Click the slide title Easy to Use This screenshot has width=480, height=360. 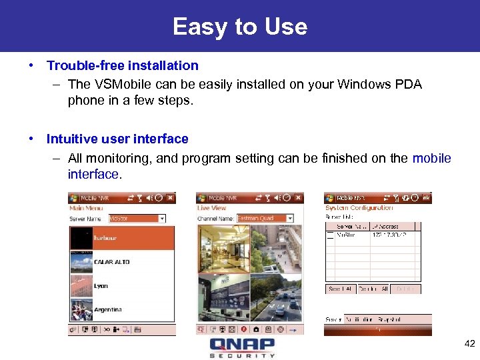240,27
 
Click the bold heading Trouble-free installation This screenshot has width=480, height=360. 122,65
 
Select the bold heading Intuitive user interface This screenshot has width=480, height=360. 117,139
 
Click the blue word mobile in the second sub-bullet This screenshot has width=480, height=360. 431,158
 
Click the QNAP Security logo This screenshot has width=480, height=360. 241,347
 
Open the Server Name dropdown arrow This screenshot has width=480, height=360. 162,219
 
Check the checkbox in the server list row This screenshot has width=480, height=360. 329,235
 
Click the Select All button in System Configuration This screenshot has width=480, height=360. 339,289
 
